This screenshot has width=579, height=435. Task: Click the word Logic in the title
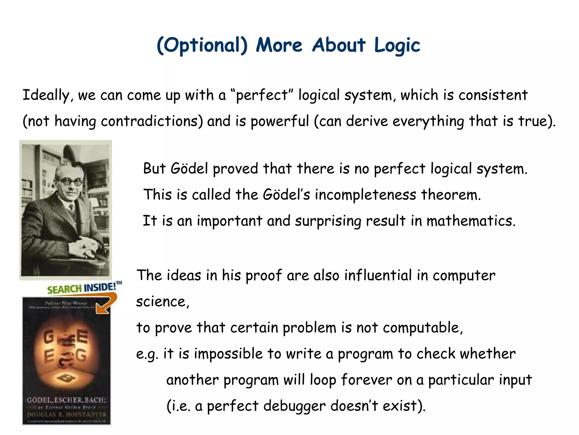tap(397, 45)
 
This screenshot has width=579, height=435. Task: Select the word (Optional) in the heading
tap(202, 45)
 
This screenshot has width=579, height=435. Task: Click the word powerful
tap(280, 121)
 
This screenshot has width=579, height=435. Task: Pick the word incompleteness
tap(365, 195)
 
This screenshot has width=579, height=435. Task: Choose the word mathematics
tap(471, 221)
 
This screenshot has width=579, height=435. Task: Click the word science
tap(162, 302)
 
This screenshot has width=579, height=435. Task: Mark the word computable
tap(423, 328)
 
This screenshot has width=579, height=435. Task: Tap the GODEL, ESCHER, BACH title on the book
tap(66, 400)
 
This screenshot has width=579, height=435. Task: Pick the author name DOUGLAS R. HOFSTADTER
tap(66, 415)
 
